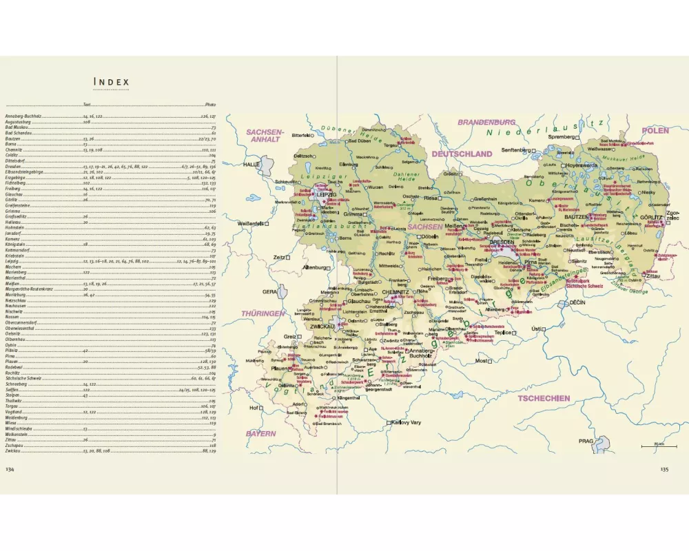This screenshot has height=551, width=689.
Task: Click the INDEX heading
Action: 112,83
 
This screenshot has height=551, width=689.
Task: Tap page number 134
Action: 10,469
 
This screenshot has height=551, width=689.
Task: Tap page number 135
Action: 664,469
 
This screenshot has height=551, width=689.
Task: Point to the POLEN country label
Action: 655,130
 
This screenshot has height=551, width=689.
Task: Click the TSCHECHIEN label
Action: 544,397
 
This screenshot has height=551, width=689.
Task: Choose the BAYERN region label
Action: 261,434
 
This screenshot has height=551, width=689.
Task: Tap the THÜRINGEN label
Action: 263,313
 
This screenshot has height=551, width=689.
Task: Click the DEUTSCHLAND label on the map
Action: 462,154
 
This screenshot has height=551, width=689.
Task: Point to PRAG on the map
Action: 586,441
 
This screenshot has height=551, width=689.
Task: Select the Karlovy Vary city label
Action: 413,422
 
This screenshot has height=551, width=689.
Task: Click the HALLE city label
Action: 251,165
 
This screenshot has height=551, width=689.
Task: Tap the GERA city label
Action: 269,291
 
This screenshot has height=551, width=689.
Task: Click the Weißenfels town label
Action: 251,224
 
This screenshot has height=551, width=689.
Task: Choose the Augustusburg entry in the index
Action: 19,122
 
